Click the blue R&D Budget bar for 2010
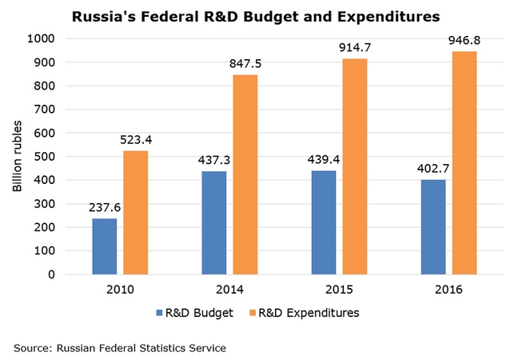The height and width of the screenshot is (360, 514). pyautogui.click(x=104, y=246)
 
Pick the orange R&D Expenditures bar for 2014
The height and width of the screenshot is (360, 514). pyautogui.click(x=245, y=174)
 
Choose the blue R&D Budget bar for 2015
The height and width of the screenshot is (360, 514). pyautogui.click(x=324, y=222)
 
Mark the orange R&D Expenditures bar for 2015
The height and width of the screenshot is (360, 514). pyautogui.click(x=354, y=166)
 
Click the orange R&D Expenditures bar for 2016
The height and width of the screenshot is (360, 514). pyautogui.click(x=464, y=162)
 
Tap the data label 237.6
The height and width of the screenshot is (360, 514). pyautogui.click(x=104, y=207)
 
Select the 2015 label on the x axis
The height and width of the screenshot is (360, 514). pyautogui.click(x=339, y=290)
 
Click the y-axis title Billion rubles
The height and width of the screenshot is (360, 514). pyautogui.click(x=18, y=156)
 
